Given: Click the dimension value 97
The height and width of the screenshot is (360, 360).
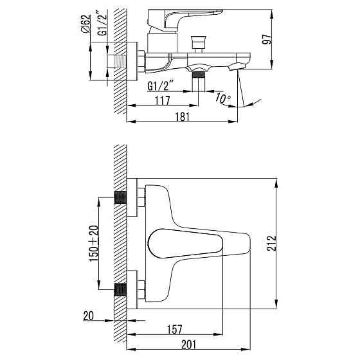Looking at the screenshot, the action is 267,39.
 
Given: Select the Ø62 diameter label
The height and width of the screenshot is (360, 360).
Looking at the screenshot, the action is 85,24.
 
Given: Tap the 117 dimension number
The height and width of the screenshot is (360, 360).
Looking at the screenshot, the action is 163,100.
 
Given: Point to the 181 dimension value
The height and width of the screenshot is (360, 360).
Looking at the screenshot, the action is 183,116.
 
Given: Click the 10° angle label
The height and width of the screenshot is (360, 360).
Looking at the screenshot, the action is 222,98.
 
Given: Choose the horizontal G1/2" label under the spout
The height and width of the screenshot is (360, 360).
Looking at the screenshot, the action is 160,86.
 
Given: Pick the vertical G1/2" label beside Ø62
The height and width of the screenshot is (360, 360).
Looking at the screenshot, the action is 102,23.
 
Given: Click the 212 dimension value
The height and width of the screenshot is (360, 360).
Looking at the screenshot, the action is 271,243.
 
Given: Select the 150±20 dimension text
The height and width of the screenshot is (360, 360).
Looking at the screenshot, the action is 94,244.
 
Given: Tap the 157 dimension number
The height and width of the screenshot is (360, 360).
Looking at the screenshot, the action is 174,330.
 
